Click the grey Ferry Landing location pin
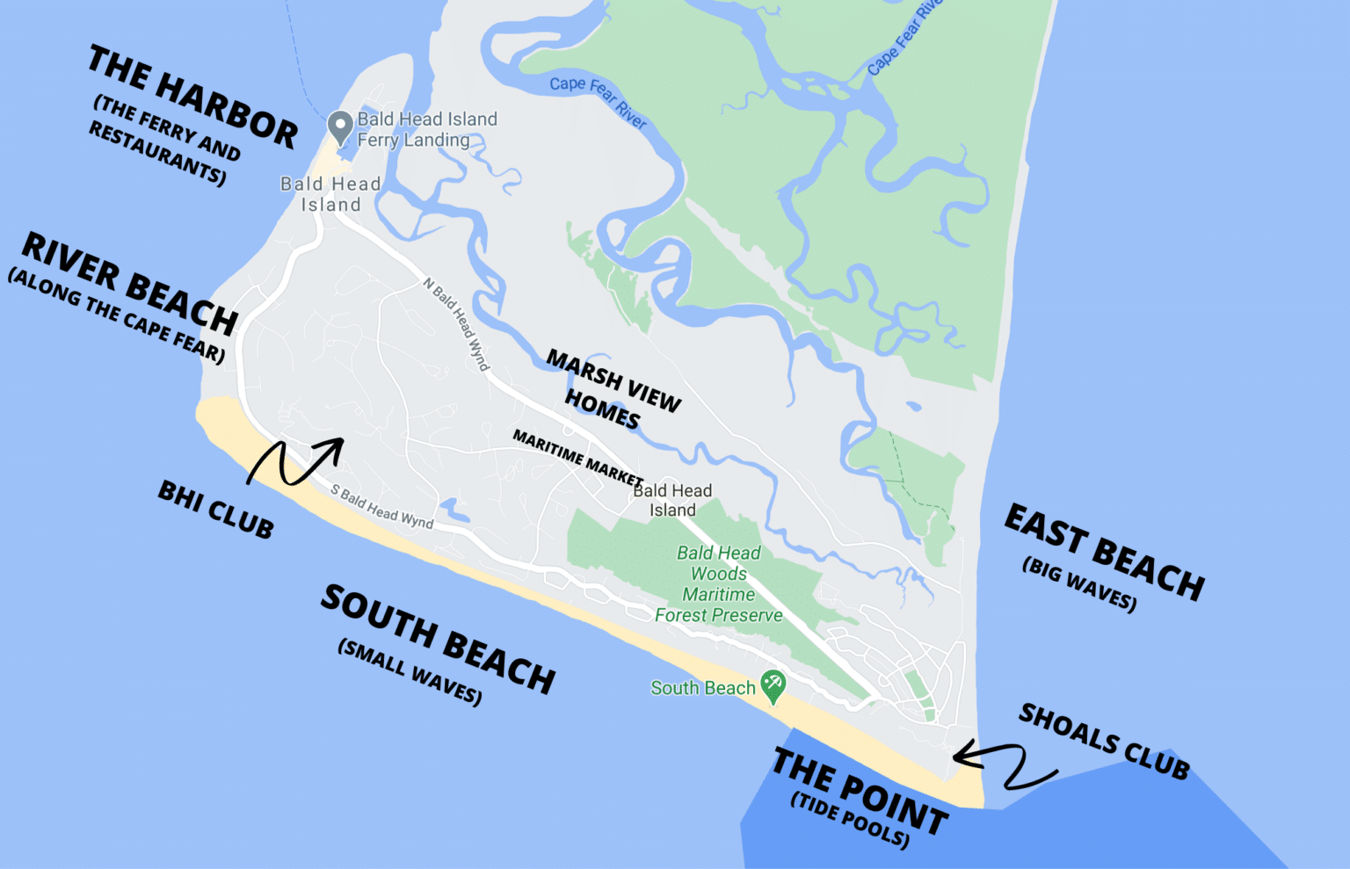340,127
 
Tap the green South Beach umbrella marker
773,686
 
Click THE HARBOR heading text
193,98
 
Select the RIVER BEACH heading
130,283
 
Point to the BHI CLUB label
216,510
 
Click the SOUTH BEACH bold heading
439,639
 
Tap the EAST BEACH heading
1104,552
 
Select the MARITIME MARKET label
577,457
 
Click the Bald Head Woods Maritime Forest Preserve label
719,584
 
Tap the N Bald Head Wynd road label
456,324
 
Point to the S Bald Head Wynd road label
382,507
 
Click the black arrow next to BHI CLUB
294,461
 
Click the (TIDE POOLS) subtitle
850,820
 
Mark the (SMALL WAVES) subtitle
410,672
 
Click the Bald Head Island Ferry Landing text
427,129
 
